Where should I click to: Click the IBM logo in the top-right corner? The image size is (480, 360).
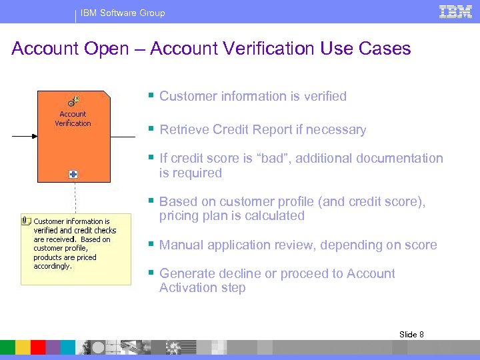[455, 11]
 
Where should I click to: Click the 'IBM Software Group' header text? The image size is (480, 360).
[123, 13]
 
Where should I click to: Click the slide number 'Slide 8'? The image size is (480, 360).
[411, 334]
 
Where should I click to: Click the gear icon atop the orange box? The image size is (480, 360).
[73, 101]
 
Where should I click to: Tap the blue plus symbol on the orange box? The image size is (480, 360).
[73, 174]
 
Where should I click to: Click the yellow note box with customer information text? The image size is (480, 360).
[75, 248]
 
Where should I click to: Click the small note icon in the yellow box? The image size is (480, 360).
[27, 220]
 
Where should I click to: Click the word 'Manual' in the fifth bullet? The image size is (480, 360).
[181, 245]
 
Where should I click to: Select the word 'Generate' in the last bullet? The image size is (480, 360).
[187, 274]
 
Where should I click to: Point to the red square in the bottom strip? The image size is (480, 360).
[38, 347]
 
